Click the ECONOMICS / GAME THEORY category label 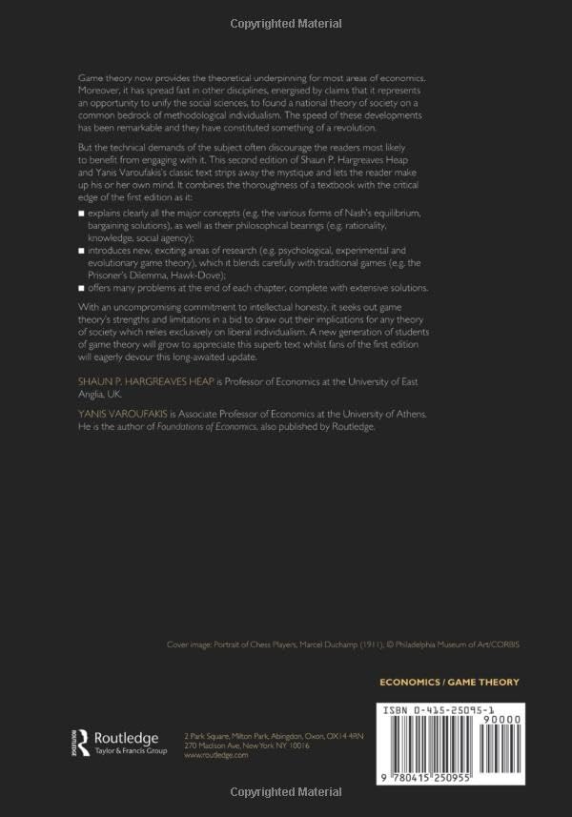449,682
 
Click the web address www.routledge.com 215,754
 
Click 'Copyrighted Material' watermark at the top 286,22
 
